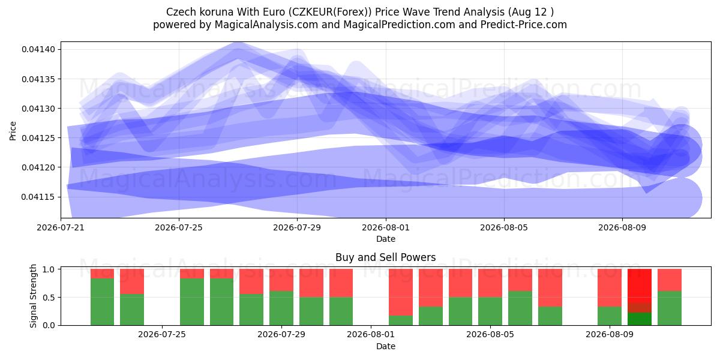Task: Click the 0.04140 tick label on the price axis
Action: pos(38,49)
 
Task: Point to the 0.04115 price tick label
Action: pos(38,197)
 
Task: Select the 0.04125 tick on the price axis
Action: pos(38,138)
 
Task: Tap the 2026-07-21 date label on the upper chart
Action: pos(61,227)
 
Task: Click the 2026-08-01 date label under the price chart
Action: pos(386,227)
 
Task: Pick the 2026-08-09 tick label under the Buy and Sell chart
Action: pos(610,334)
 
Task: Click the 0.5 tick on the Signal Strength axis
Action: pos(49,298)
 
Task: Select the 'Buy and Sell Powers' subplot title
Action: pos(386,257)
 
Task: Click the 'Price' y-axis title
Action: pos(13,131)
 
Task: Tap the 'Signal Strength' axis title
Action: pos(33,296)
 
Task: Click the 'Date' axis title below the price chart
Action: pos(386,239)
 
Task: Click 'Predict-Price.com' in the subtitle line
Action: pos(524,25)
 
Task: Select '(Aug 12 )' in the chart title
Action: pos(530,12)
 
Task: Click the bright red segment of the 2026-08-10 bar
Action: pos(640,286)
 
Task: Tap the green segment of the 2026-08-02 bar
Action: pos(401,320)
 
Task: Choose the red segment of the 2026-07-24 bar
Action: pos(132,281)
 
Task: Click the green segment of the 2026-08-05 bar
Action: pos(490,311)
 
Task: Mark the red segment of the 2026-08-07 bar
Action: pos(550,287)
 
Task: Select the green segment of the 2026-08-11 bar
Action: pos(670,308)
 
